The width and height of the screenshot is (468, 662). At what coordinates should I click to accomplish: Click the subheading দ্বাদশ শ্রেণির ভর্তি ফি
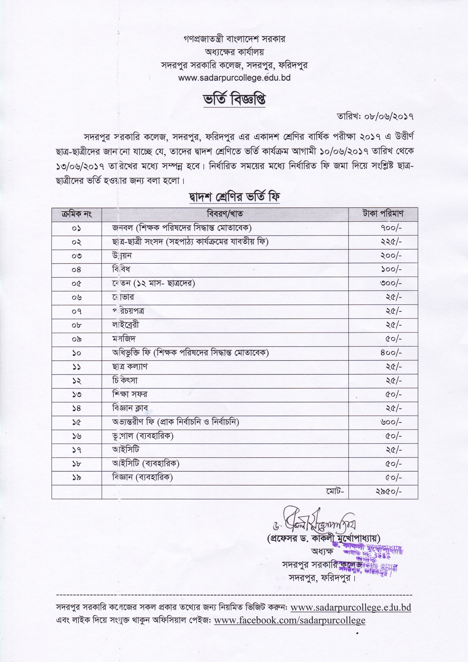pyautogui.click(x=234, y=197)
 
